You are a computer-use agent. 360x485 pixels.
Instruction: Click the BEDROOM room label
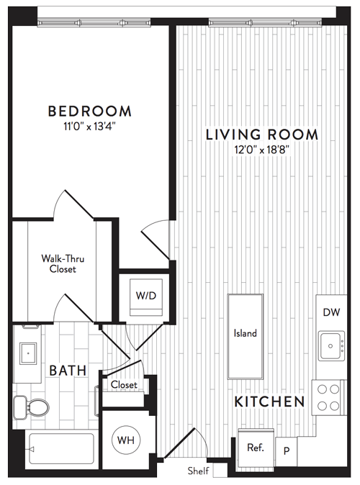pos(90,112)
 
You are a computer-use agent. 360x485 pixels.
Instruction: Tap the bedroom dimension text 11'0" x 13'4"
pos(90,127)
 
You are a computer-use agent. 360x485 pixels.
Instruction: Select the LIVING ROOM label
pos(262,135)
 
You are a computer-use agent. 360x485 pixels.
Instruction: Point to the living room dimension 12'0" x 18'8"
pos(262,150)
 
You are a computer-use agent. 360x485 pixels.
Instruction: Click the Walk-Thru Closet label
pos(63,263)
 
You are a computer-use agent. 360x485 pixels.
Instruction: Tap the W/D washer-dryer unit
pos(146,297)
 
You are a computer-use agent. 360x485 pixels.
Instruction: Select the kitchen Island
pos(245,337)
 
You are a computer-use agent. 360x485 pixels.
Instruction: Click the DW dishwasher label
pos(331,312)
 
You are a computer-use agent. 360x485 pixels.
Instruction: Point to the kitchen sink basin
pos(331,346)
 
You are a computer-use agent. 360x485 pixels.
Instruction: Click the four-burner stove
pos(328,397)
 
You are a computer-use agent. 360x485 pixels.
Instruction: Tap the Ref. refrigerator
pos(256,448)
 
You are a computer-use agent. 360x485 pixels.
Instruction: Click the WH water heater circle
pos(126,440)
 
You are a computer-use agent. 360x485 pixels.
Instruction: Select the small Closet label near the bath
pos(124,385)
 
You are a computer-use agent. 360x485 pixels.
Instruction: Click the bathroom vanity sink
pos(28,353)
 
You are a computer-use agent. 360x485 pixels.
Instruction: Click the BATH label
pos(68,371)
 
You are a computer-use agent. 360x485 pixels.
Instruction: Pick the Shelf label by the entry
pos(198,471)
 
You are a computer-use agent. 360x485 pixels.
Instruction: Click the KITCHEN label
pos(269,402)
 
